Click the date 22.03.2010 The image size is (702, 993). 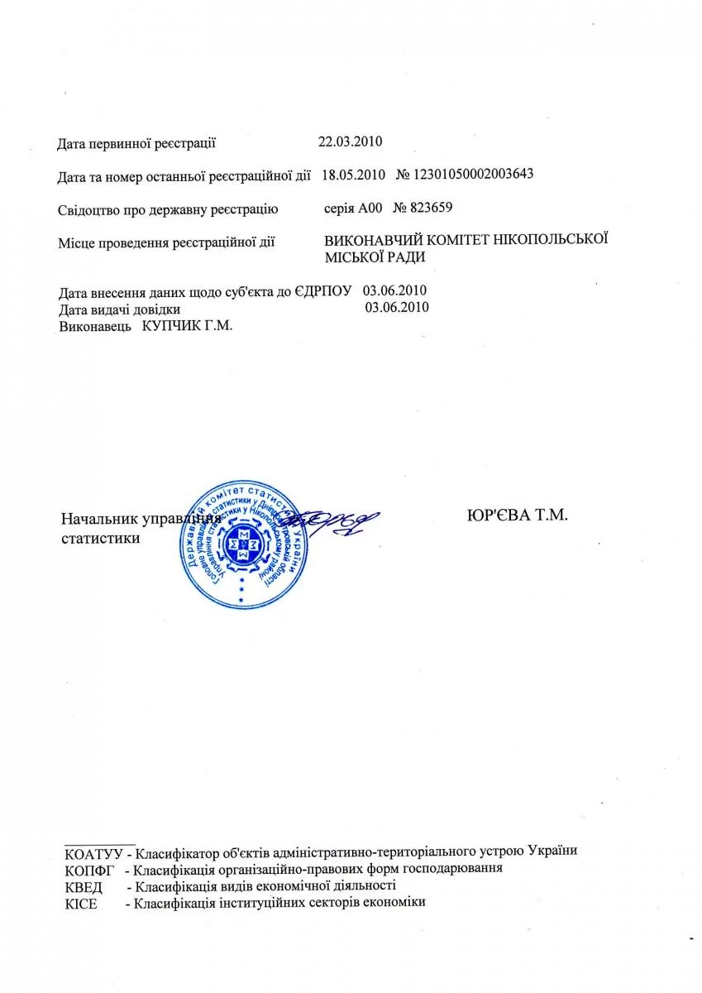(351, 141)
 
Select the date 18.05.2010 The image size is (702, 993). (353, 175)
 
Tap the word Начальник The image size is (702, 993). (100, 520)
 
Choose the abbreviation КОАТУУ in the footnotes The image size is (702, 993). (93, 851)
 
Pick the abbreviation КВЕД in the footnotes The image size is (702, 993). (83, 886)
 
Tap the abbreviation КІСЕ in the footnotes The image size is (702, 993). (80, 904)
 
